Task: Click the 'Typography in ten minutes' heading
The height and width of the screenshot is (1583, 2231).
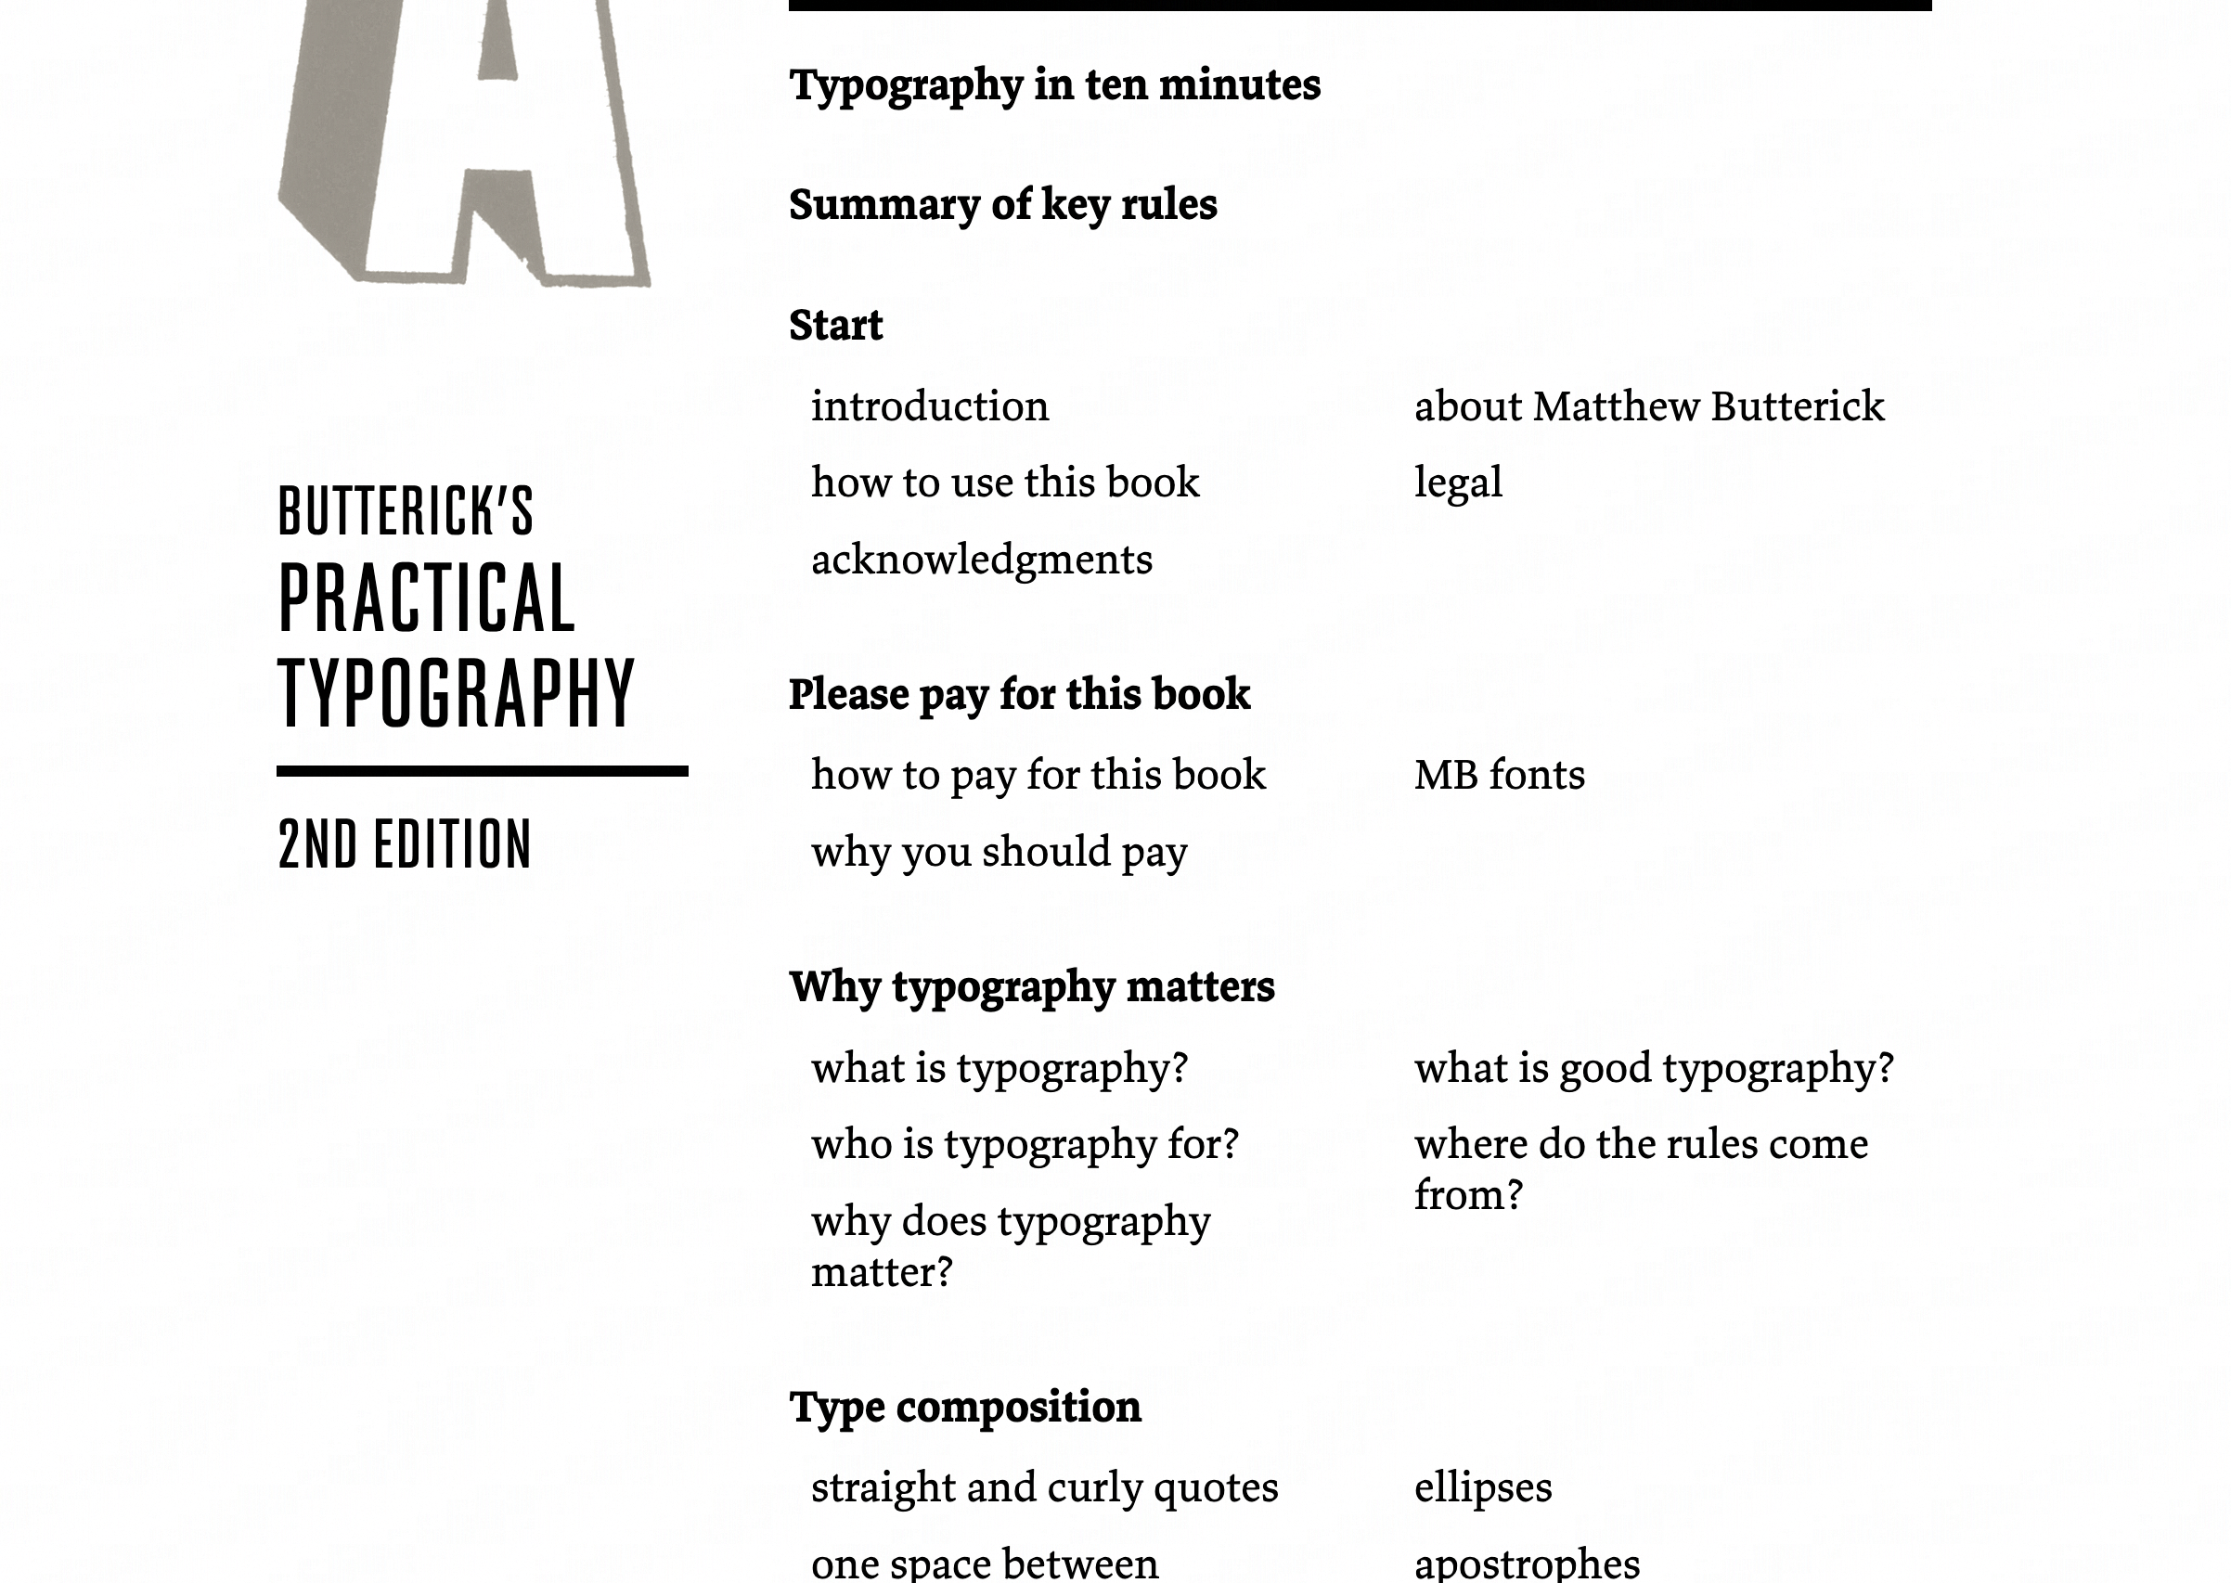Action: tap(1054, 85)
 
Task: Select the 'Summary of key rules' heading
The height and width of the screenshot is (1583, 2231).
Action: tap(1003, 206)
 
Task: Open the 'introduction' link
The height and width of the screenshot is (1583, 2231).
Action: tap(930, 406)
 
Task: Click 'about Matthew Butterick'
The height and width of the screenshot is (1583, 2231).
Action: tap(1649, 406)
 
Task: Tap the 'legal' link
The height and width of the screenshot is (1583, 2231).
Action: tap(1458, 483)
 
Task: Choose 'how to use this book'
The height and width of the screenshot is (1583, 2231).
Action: tap(1005, 483)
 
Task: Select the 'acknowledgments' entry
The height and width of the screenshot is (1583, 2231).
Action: tap(982, 560)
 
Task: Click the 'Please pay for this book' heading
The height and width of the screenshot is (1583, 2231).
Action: tap(1019, 695)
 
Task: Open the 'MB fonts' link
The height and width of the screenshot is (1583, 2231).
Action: tap(1499, 775)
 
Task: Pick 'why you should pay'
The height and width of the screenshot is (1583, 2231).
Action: tap(999, 852)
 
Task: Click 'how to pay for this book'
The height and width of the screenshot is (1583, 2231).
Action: tap(1038, 775)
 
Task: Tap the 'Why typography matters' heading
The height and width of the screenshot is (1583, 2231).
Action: tap(1031, 987)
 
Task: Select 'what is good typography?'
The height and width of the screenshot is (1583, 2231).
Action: tap(1654, 1068)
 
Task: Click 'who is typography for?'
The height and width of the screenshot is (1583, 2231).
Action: tap(1025, 1144)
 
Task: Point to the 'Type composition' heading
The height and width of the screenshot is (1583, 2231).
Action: tap(965, 1408)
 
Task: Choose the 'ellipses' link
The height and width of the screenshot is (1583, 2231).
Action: tap(1482, 1487)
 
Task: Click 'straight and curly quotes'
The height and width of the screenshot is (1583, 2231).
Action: tap(1044, 1487)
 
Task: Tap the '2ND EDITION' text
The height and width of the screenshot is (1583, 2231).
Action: tap(405, 844)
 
